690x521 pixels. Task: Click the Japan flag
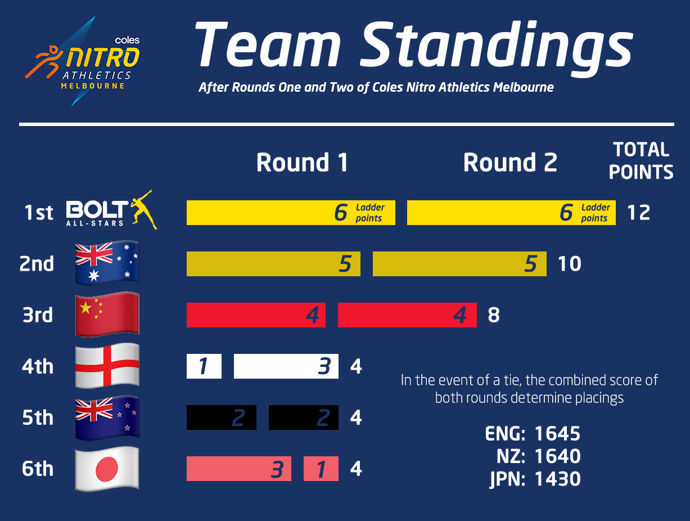point(107,469)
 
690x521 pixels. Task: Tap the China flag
point(107,315)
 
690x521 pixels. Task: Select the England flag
point(107,366)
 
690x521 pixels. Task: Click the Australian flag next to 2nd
point(107,263)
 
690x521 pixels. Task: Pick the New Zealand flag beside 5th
point(107,417)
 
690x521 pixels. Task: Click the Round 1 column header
point(302,162)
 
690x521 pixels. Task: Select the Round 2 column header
point(510,162)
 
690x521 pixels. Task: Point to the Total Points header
point(641,161)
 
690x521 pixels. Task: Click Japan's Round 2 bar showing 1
point(321,469)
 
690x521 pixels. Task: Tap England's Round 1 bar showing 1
point(204,366)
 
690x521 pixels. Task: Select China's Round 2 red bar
point(407,315)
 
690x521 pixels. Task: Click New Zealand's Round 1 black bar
point(222,417)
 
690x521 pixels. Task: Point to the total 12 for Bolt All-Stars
point(638,213)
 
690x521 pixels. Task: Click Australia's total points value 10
point(570,264)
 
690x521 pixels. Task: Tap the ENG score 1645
point(557,434)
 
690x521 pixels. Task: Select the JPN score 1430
point(557,479)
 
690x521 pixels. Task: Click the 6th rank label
point(38,469)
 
